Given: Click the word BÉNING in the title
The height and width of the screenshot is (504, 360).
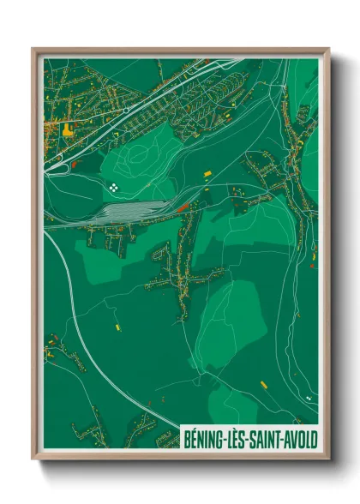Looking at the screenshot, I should pyautogui.click(x=204, y=437).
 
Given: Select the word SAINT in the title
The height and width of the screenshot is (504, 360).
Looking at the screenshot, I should pyautogui.click(x=267, y=437).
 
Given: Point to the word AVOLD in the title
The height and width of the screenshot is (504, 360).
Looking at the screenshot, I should pyautogui.click(x=301, y=437).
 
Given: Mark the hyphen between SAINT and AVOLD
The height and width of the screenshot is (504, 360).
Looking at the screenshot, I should pyautogui.click(x=285, y=438).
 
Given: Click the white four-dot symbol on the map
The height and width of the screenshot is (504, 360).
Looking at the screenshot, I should pyautogui.click(x=114, y=184).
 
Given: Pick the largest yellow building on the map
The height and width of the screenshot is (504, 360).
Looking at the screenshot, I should pyautogui.click(x=67, y=129).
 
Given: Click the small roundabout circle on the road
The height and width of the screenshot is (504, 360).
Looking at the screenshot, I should pyautogui.click(x=124, y=110).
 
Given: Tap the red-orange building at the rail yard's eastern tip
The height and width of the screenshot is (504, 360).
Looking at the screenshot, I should pyautogui.click(x=183, y=206).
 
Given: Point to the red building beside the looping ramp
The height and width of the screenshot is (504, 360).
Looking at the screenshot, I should pyautogui.click(x=76, y=162).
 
